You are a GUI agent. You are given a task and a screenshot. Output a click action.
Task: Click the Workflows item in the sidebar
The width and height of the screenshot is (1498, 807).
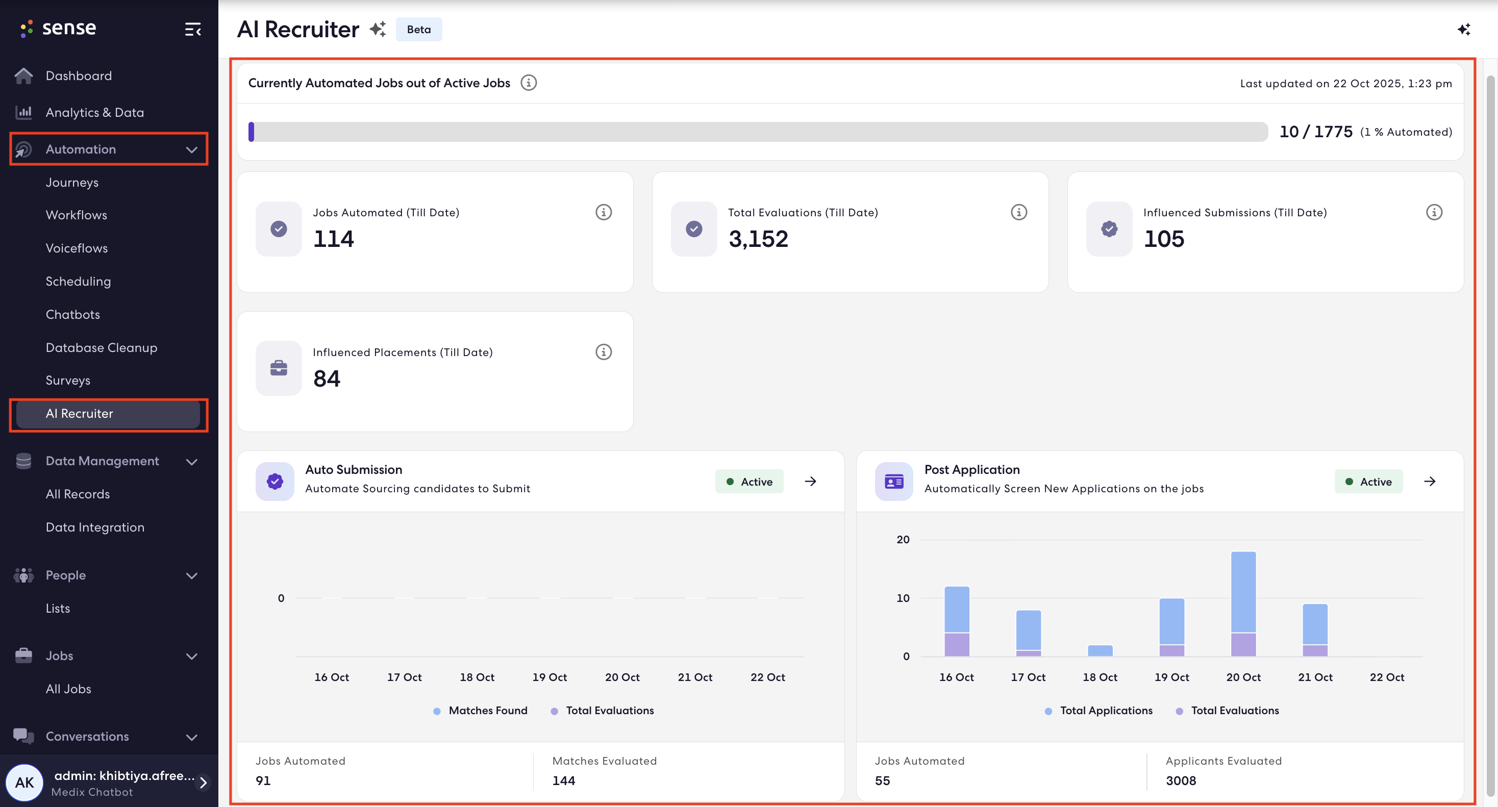point(76,215)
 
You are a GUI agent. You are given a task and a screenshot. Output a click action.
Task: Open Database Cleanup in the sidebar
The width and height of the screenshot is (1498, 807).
point(101,348)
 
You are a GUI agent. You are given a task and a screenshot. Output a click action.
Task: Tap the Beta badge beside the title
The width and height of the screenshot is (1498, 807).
point(419,30)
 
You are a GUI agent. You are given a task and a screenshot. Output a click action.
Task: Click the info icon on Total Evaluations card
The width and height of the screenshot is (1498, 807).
point(1019,212)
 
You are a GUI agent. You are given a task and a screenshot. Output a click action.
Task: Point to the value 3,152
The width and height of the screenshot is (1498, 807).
point(758,239)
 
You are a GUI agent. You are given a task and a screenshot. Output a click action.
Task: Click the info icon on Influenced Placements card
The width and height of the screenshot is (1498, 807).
point(604,352)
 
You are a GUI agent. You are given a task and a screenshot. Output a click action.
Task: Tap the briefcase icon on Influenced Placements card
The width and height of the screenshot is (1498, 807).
point(279,368)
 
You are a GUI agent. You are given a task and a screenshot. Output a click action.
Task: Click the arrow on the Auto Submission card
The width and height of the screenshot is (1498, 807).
point(810,482)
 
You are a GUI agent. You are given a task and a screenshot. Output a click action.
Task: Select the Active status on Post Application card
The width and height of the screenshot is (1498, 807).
point(1368,482)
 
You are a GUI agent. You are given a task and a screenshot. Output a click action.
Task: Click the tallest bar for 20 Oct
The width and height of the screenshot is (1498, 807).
point(1243,603)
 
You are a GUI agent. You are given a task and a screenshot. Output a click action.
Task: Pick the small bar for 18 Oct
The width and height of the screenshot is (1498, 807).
point(1100,650)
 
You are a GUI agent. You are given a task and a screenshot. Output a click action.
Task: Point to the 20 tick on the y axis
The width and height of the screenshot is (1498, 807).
point(903,540)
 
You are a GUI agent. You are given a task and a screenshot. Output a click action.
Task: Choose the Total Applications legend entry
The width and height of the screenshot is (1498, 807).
point(1098,711)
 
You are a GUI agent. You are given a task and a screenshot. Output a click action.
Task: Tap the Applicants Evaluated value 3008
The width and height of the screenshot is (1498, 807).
point(1181,781)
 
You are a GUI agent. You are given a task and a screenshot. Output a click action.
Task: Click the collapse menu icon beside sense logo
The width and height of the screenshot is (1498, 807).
point(192,29)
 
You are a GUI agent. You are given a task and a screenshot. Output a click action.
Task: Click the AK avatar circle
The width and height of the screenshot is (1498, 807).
point(24,783)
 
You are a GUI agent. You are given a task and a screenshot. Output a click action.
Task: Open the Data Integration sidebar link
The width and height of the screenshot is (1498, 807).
point(95,527)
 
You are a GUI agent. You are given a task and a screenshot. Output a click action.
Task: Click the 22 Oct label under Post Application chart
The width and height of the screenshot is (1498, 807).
point(1387,677)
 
